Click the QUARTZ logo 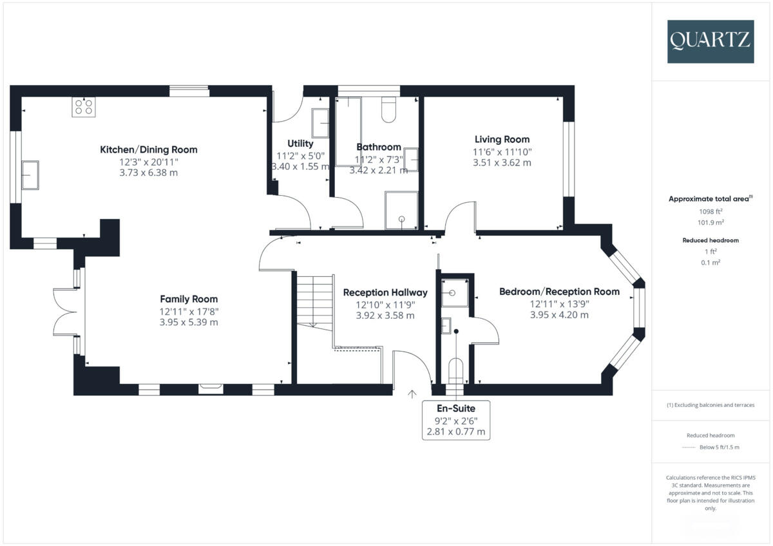pos(710,41)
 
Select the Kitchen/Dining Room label pos(148,149)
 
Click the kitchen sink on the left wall pos(30,175)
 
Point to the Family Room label pos(189,299)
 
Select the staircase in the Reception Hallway pos(314,301)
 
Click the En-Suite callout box pos(456,419)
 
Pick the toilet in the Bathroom pos(388,110)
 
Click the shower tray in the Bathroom pos(401,210)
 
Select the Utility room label pos(300,144)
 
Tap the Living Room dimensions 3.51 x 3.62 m pos(502,163)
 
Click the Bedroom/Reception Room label pos(559,292)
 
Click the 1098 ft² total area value pos(710,211)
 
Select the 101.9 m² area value pos(710,222)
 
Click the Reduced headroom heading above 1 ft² pos(710,240)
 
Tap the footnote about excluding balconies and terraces pos(710,405)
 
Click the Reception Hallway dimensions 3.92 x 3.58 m pos(385,315)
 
